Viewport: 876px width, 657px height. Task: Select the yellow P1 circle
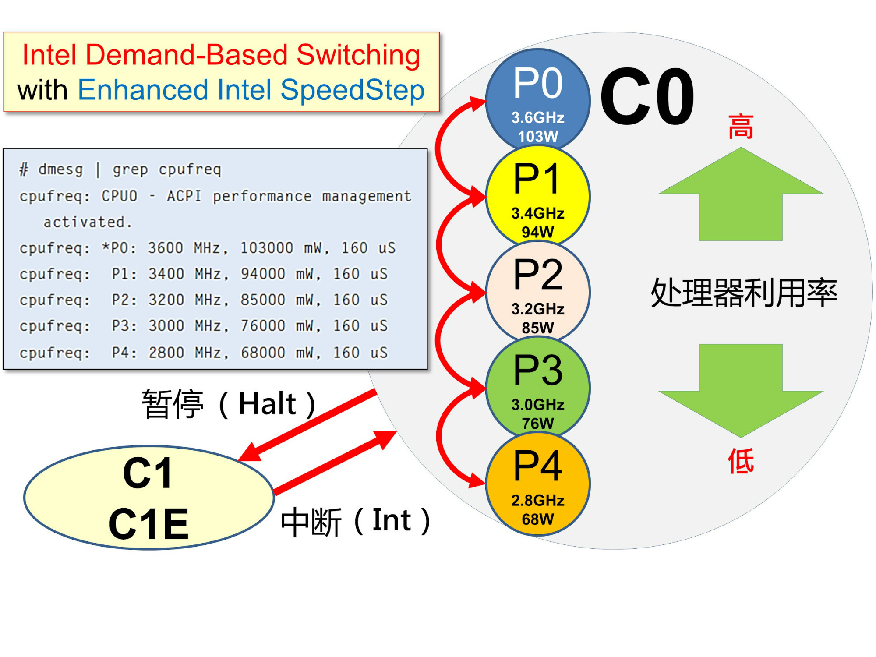538,195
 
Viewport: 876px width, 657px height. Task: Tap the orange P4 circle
538,484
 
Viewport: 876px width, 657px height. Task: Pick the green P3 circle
538,388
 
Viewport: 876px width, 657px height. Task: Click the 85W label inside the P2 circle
538,328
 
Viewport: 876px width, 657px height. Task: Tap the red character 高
741,127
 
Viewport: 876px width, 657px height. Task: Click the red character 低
741,461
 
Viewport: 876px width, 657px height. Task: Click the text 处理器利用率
744,293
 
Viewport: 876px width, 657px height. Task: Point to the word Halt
267,403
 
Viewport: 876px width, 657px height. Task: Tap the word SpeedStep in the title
353,90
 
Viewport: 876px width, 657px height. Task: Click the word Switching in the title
358,55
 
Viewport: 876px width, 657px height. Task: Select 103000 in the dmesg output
266,248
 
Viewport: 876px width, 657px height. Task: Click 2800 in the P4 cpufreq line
166,353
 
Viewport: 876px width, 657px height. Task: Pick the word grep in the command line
130,169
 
